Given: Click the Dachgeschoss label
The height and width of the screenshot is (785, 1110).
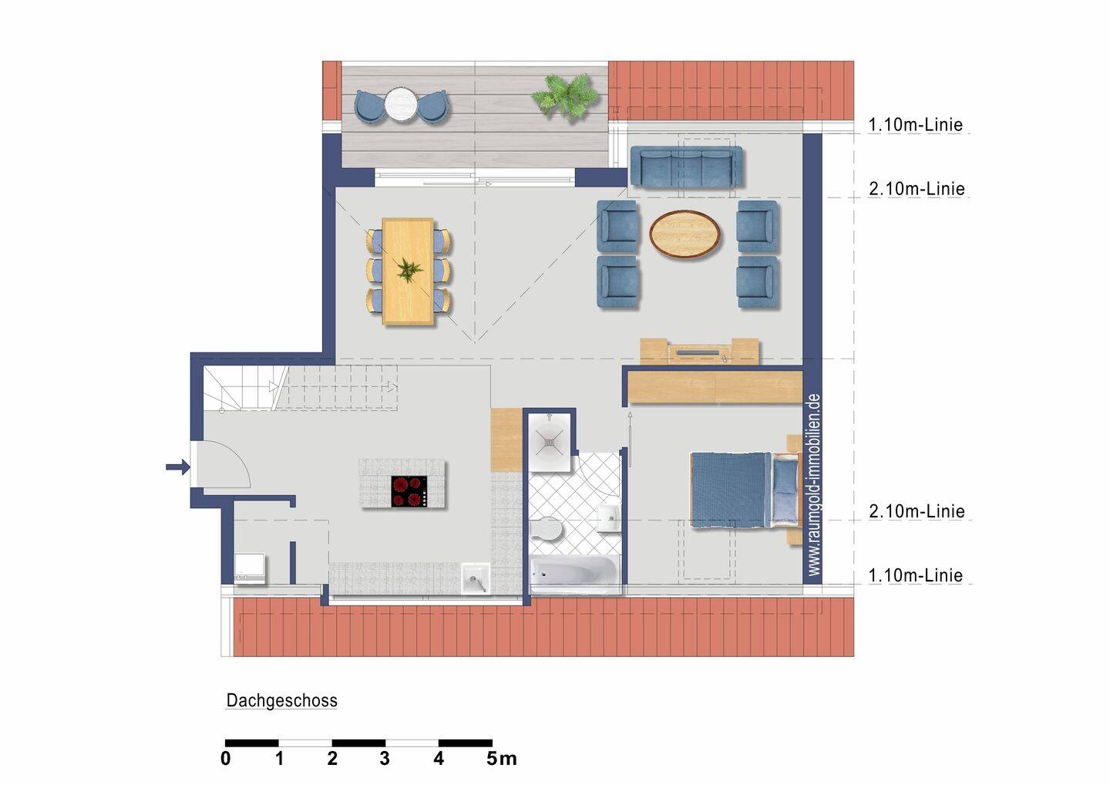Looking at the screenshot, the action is (281, 700).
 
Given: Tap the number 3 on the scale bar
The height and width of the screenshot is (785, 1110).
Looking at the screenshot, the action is (385, 758).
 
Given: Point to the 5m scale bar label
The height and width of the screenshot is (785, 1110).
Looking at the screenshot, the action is (502, 758).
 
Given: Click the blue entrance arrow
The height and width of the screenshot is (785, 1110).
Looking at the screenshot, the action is (178, 467).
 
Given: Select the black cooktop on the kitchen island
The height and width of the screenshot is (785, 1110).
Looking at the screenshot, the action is (409, 491).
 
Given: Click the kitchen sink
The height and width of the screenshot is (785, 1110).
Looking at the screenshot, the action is (476, 578).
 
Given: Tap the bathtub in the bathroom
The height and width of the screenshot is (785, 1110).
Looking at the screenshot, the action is (574, 574).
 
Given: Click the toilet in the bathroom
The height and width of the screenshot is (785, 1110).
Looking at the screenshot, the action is (544, 529).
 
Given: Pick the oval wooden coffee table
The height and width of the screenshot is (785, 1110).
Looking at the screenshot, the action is (684, 234).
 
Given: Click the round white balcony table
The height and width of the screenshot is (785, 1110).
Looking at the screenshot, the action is (402, 105).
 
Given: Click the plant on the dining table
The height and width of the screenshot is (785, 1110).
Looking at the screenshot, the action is (409, 270).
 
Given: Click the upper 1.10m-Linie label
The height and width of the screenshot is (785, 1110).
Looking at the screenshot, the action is (915, 125).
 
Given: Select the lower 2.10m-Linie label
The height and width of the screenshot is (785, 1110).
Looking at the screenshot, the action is (917, 511).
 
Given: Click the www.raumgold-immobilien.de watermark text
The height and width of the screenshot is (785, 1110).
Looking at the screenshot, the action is (814, 485).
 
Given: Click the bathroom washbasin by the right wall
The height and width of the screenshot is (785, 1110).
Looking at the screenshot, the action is (608, 517).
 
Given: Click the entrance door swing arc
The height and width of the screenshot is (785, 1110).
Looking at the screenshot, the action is (238, 457).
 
